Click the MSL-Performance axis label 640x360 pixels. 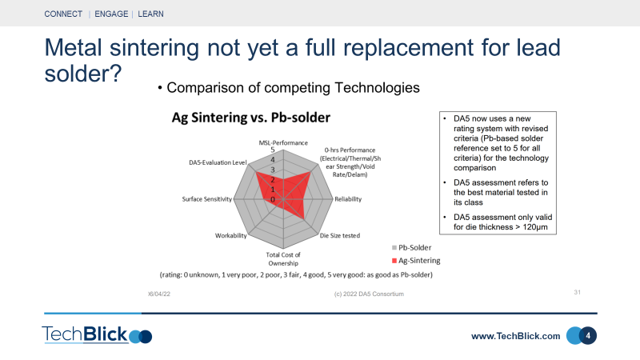coord(283,143)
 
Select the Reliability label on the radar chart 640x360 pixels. coord(348,199)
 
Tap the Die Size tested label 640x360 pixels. coord(340,235)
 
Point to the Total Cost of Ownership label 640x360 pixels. coord(283,258)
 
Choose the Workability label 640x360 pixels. coord(231,235)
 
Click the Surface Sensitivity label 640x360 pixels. coord(207,199)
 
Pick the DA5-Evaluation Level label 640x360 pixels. coord(218,162)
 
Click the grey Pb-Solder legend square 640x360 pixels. coord(394,248)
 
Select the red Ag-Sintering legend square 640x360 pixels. coord(394,261)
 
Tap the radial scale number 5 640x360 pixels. coord(273,150)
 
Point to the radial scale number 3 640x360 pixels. coord(273,170)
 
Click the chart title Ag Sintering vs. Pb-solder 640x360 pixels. coord(251,118)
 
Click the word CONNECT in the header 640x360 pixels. coord(63,14)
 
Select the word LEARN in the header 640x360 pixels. coord(150,14)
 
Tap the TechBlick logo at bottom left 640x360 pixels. coord(97,334)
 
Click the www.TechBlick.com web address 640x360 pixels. coord(515,336)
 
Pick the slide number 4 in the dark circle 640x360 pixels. coord(588,336)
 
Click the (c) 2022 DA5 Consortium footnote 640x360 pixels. coord(369,294)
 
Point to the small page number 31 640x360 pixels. coord(577,292)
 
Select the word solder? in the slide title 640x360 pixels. coord(83,74)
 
